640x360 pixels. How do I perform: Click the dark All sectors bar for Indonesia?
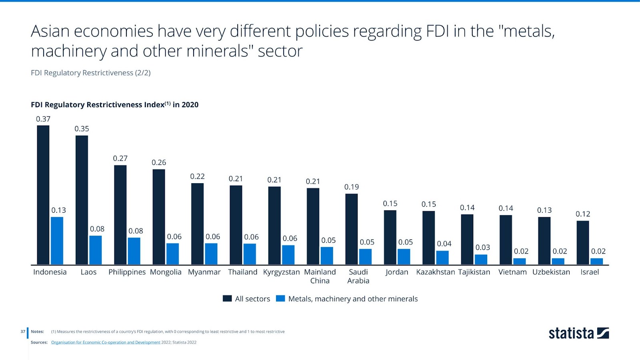pyautogui.click(x=43, y=195)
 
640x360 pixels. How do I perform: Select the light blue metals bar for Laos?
pyautogui.click(x=96, y=250)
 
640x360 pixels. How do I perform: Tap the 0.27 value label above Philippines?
pyautogui.click(x=120, y=158)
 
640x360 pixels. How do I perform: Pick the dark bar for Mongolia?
pyautogui.click(x=159, y=217)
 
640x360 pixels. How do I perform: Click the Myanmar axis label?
pyautogui.click(x=204, y=272)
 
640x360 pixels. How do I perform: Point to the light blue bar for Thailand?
pyautogui.click(x=250, y=254)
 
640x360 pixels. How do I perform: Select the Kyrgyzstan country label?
pyautogui.click(x=281, y=272)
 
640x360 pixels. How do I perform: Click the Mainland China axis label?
pyautogui.click(x=320, y=276)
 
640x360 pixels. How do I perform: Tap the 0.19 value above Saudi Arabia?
pyautogui.click(x=352, y=187)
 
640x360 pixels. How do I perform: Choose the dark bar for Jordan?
pyautogui.click(x=390, y=237)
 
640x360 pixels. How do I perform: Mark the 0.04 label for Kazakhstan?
pyautogui.click(x=444, y=244)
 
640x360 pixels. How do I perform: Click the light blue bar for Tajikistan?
pyautogui.click(x=481, y=259)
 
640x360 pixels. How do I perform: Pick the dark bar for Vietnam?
pyautogui.click(x=506, y=240)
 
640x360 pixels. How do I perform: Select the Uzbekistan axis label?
pyautogui.click(x=551, y=272)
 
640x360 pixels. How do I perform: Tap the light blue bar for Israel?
pyautogui.click(x=596, y=261)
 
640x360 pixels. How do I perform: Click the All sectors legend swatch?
pyautogui.click(x=227, y=298)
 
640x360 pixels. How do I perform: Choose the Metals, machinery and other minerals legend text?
pyautogui.click(x=353, y=299)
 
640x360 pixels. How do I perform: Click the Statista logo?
pyautogui.click(x=578, y=333)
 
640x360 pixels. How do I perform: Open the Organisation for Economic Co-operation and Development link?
pyautogui.click(x=106, y=342)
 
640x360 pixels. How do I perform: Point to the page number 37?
pyautogui.click(x=23, y=332)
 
